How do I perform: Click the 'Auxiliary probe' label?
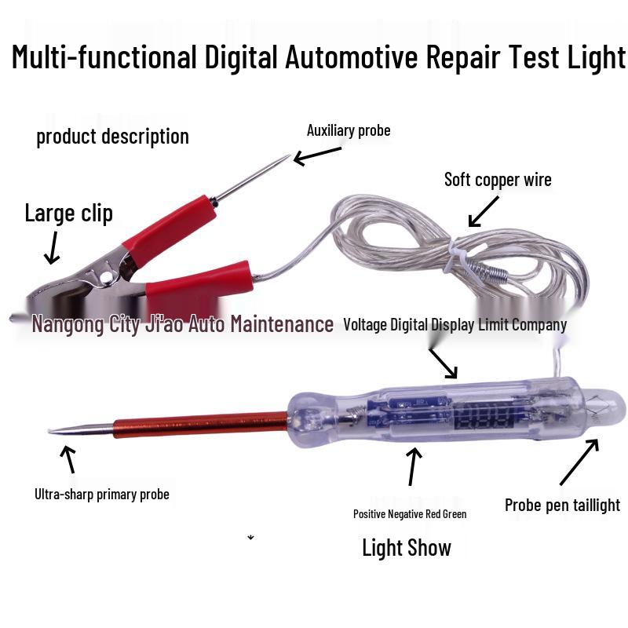(x=348, y=130)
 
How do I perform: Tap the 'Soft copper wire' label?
(x=498, y=180)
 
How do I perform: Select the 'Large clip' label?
(x=68, y=213)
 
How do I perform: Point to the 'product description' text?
(x=112, y=137)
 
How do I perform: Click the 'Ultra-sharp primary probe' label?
(x=101, y=495)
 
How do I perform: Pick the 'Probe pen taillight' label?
(x=562, y=505)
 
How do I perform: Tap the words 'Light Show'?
(x=406, y=547)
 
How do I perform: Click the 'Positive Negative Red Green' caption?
(x=410, y=514)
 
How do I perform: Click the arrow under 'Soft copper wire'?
(x=483, y=210)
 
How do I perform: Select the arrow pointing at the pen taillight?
(x=579, y=463)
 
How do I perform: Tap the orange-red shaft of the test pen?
(x=200, y=427)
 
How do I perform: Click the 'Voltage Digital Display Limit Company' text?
(x=455, y=325)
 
